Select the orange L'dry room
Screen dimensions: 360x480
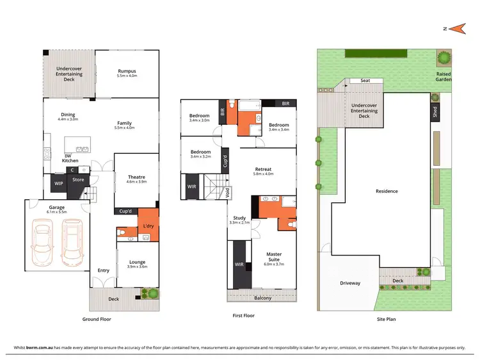[x=148, y=225]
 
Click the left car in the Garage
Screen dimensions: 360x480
[x=42, y=244]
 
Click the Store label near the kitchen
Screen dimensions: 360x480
[x=78, y=180]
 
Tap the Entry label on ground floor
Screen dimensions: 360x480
[x=103, y=270]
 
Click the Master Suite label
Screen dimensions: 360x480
[x=275, y=258]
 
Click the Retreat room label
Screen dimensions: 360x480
[x=263, y=170]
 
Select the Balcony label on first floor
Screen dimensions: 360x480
[x=262, y=298]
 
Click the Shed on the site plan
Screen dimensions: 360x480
[x=435, y=112]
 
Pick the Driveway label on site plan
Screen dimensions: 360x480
[x=349, y=283]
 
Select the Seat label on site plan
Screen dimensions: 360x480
[x=365, y=81]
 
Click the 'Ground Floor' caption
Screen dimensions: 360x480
[x=99, y=318]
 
